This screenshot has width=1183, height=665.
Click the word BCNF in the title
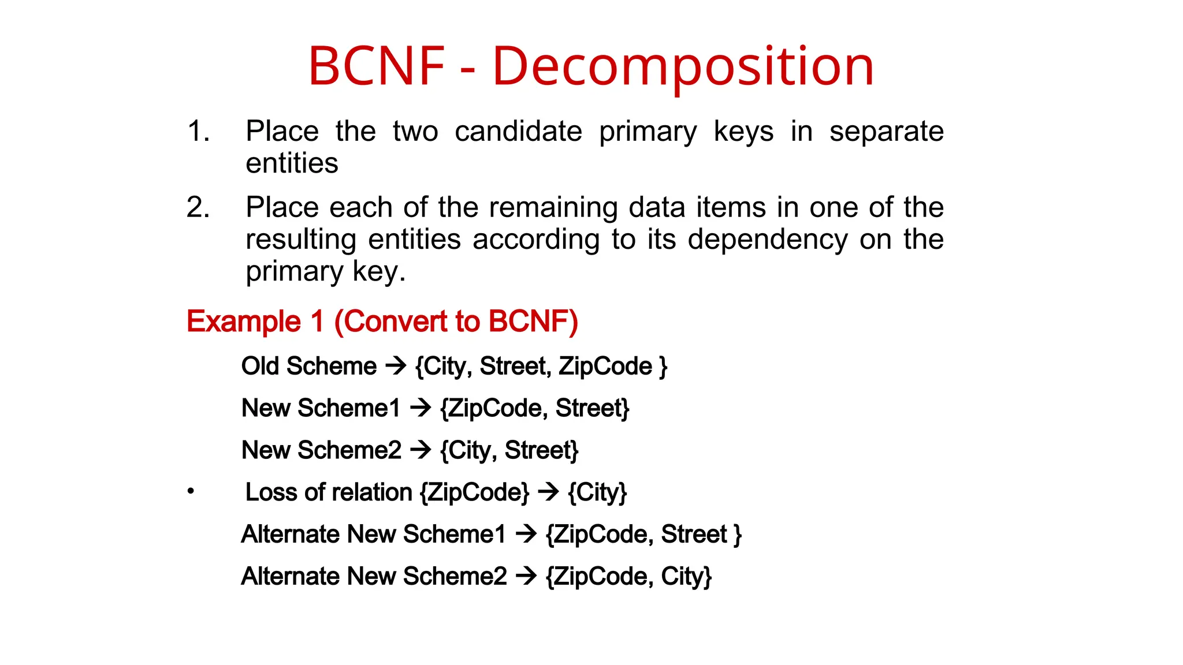click(377, 66)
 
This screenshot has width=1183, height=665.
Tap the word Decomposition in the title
click(683, 68)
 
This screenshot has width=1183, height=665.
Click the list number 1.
click(198, 131)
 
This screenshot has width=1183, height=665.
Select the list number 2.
click(198, 207)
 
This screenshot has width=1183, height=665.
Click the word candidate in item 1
click(518, 131)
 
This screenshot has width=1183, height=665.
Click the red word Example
click(244, 322)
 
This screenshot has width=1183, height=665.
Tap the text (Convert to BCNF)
click(456, 322)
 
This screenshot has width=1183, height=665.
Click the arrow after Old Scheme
click(396, 365)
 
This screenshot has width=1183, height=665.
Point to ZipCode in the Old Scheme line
click(605, 366)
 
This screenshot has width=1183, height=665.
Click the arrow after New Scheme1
click(421, 408)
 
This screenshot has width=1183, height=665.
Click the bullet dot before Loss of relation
click(191, 492)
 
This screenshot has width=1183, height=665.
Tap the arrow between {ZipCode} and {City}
click(548, 492)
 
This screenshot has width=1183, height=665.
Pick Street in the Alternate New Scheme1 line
click(694, 535)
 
